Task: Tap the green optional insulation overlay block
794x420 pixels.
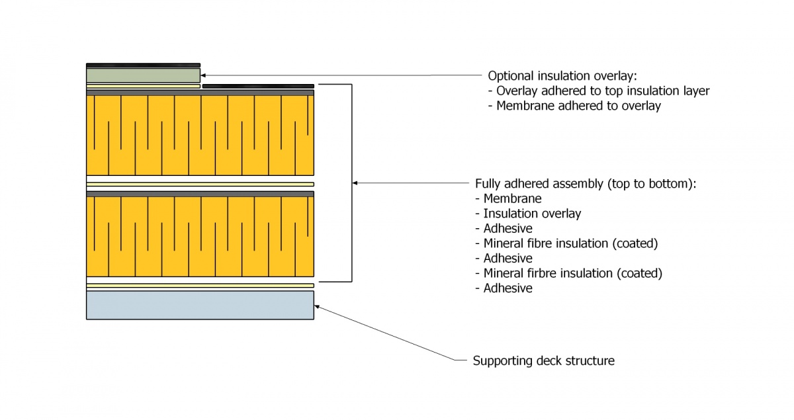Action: [143, 75]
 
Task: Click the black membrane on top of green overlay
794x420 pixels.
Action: [143, 65]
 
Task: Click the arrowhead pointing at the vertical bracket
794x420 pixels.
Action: [356, 183]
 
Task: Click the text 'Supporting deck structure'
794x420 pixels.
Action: [543, 361]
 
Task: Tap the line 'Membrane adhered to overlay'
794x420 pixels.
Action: [578, 106]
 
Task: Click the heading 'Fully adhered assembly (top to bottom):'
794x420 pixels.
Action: [585, 184]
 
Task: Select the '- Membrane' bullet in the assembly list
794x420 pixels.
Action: [508, 198]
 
